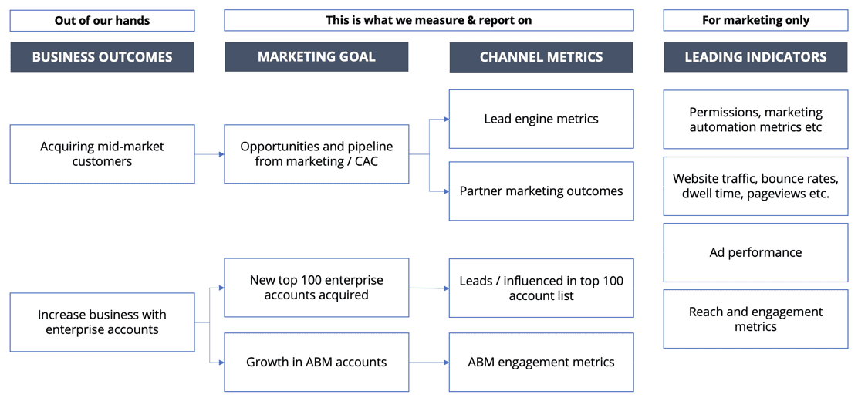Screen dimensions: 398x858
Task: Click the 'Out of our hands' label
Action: coord(102,21)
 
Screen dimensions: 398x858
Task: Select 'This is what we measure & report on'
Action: coord(428,21)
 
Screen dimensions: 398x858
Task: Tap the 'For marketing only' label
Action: coord(755,21)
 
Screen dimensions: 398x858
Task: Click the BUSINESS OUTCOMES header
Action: coord(102,57)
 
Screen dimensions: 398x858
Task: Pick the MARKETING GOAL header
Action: coord(316,57)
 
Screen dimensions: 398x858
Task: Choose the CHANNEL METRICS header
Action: coord(541,57)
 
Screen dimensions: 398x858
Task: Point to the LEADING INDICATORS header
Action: coord(755,57)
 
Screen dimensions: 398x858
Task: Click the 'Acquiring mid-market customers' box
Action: coord(102,154)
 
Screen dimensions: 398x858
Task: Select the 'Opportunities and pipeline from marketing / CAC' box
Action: coord(316,154)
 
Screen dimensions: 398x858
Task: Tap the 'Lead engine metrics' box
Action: coord(541,119)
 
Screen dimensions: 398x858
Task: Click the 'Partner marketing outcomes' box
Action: coord(541,191)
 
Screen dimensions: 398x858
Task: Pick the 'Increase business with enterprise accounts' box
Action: coord(102,322)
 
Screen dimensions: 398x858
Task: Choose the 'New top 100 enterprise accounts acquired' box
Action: coord(316,288)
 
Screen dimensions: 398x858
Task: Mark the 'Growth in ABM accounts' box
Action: coord(316,362)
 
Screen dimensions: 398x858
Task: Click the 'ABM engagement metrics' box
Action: coord(541,362)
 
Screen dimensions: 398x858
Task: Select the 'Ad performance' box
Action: coord(755,252)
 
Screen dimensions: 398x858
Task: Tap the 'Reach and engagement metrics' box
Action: coord(755,319)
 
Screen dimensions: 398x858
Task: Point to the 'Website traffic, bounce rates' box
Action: coord(755,186)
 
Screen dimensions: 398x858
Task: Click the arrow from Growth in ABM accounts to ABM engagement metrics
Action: coord(429,362)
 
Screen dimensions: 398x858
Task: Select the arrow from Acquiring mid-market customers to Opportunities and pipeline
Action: coord(209,154)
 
